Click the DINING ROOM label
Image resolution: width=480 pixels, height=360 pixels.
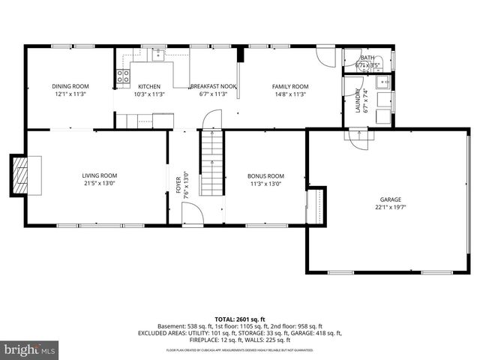pos(70,86)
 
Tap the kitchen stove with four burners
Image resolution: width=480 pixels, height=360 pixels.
pos(122,75)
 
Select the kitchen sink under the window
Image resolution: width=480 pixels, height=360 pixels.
pos(158,54)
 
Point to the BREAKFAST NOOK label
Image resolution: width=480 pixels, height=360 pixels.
pos(213,86)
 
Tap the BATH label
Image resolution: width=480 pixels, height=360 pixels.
pos(367,58)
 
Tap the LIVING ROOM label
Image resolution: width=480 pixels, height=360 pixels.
pos(100,175)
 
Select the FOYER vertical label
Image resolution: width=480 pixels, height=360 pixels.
pos(178,184)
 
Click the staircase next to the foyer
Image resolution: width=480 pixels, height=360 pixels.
pos(213,165)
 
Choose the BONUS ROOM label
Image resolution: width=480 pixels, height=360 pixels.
pos(266,175)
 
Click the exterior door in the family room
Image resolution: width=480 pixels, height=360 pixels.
pos(325,56)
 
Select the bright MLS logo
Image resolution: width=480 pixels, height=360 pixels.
pos(29,350)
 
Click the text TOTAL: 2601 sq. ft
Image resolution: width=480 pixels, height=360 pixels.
pos(240,319)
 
